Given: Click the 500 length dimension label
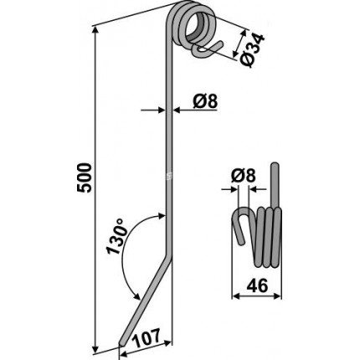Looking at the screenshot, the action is click(84, 177).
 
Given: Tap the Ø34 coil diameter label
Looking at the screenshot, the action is click(250, 50).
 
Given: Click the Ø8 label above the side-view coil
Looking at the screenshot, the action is click(244, 176).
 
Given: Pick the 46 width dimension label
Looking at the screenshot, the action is click(257, 286).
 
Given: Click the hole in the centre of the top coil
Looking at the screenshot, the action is click(197, 26).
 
